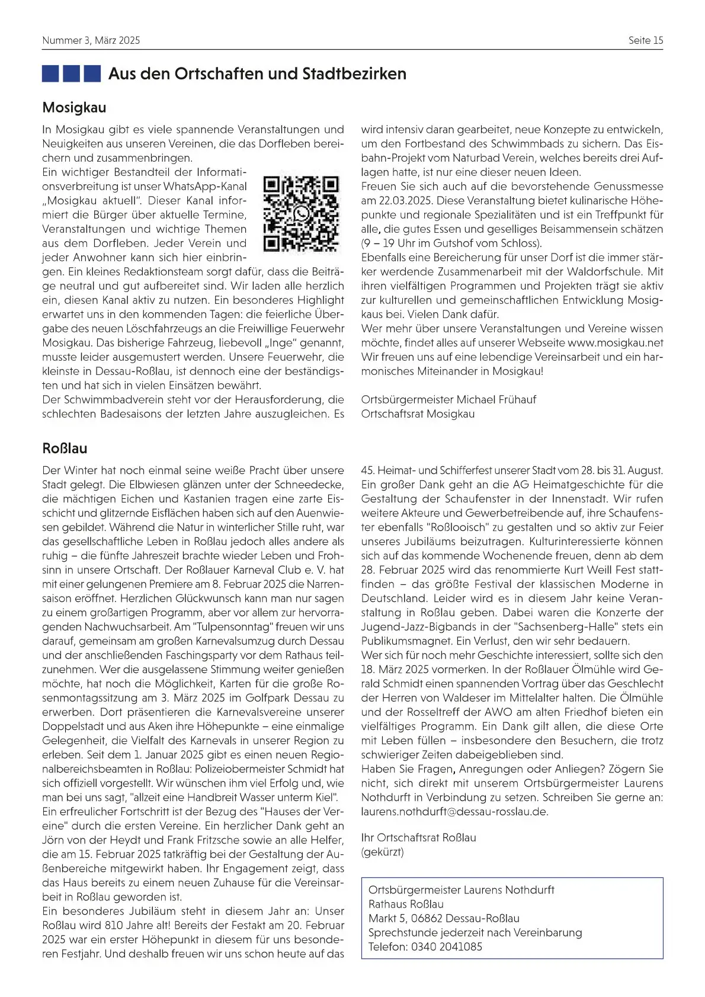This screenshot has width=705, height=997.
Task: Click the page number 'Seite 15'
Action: point(646,40)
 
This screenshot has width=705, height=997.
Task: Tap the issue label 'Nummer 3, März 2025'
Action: point(91,40)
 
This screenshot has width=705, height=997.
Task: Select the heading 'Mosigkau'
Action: point(74,108)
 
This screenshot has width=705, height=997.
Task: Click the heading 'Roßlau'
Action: point(65,448)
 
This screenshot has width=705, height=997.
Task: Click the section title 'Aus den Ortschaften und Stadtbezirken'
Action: point(257,74)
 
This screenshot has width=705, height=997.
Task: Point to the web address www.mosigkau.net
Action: point(615,343)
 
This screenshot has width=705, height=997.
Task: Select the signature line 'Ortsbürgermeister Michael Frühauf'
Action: point(448,400)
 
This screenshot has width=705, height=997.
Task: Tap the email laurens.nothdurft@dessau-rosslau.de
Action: point(454,812)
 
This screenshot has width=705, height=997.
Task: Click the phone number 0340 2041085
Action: point(446,947)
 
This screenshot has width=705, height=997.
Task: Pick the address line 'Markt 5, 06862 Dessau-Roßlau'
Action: point(444,918)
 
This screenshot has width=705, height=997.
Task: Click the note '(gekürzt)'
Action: point(382,852)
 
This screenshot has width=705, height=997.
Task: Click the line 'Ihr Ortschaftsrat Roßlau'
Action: point(418,838)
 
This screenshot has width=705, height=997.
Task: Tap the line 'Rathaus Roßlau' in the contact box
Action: point(406,904)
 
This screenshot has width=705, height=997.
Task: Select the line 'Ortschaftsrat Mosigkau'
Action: point(418,414)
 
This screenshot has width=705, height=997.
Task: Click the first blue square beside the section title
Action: point(50,74)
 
